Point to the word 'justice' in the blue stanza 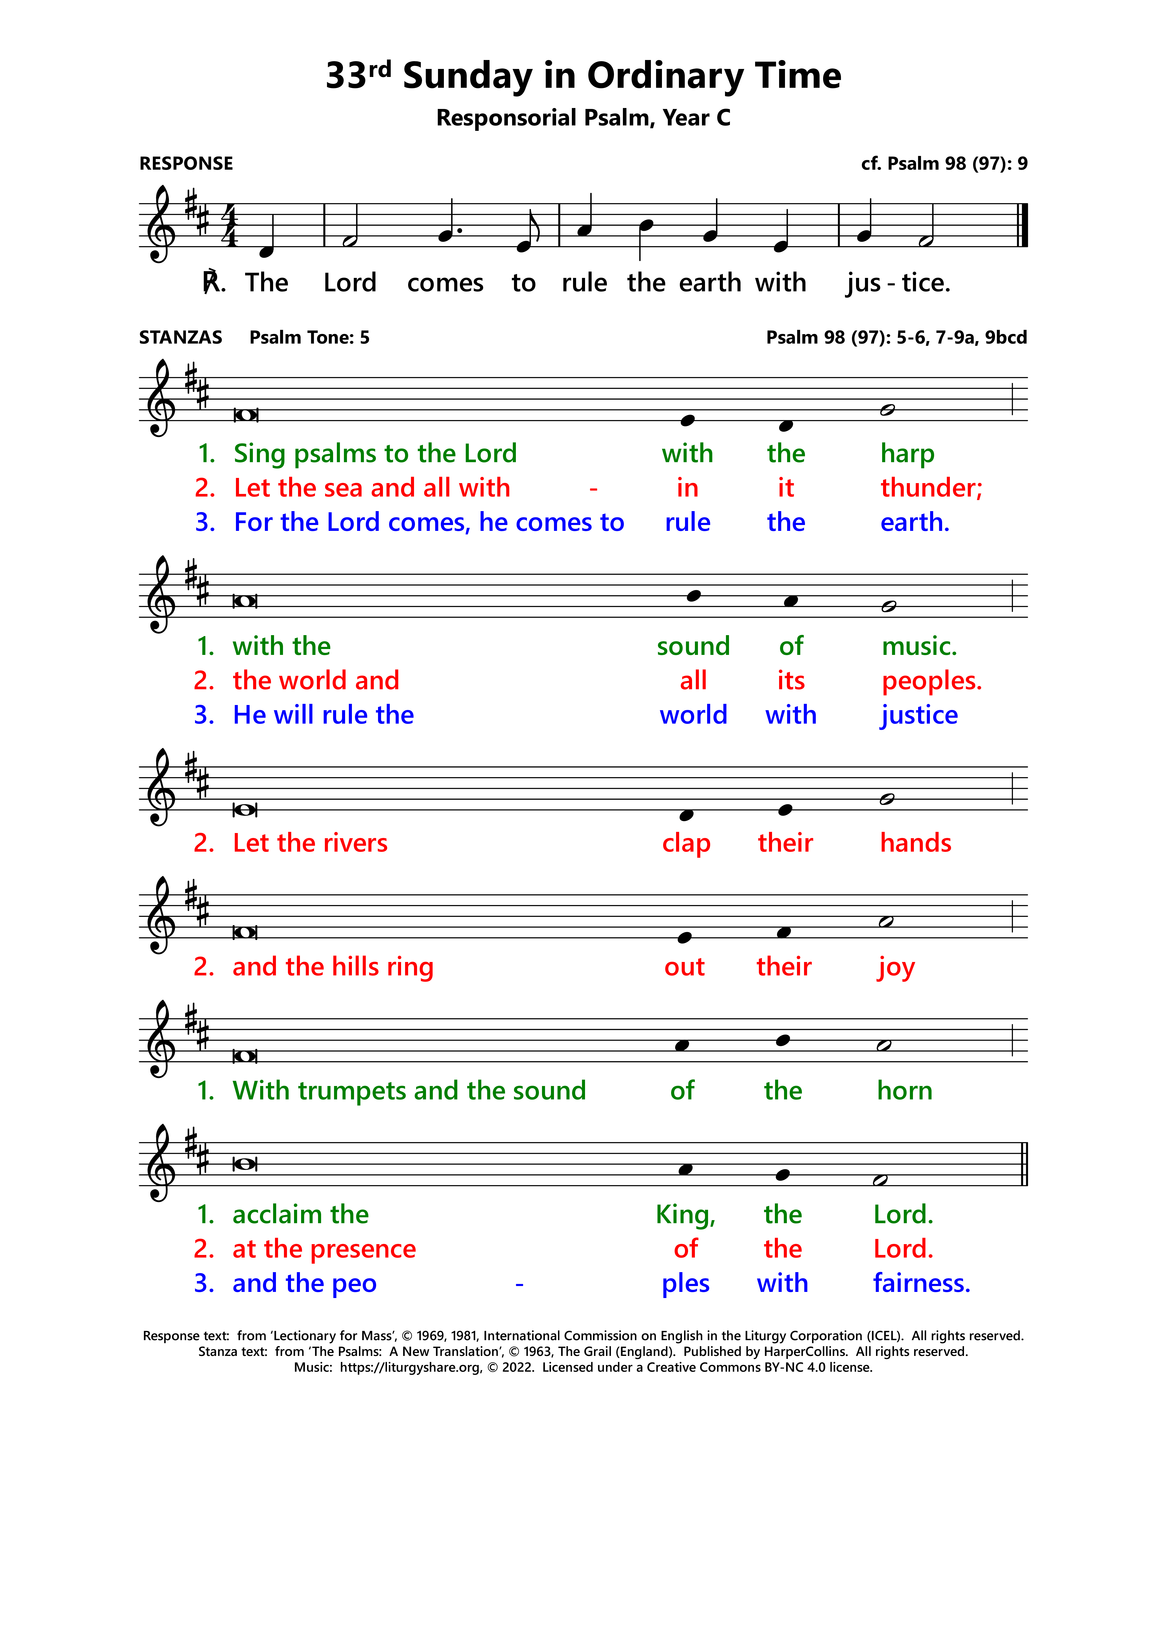click(918, 715)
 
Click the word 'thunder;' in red click(930, 488)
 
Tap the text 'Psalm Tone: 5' click(309, 337)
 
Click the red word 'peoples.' click(931, 681)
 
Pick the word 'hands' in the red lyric click(915, 843)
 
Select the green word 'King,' click(685, 1215)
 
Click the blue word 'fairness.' click(921, 1284)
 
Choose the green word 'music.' click(919, 646)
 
